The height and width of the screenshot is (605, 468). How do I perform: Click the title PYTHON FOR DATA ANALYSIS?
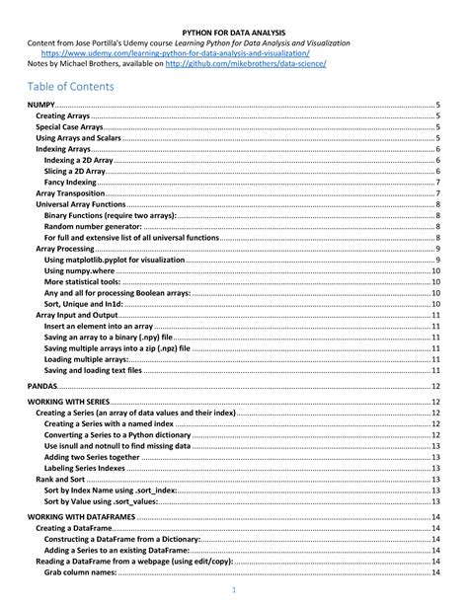coord(234,32)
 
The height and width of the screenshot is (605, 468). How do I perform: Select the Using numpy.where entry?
coord(79,270)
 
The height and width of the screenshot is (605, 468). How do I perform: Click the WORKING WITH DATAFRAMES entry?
coord(81,516)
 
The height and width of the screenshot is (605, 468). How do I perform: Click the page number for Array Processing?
coord(437,249)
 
